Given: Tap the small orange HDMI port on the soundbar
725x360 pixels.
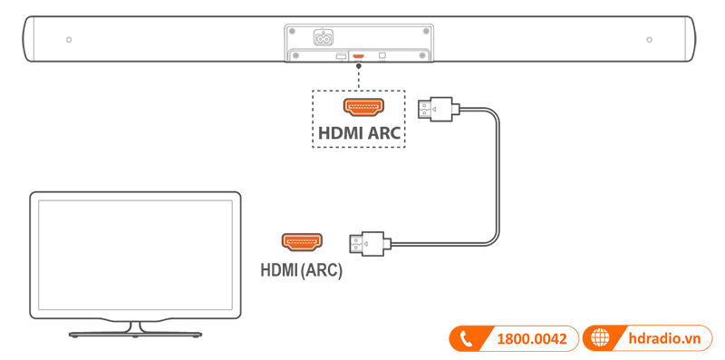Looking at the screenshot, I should click(358, 57).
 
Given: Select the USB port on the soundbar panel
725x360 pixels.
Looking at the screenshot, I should click(340, 57).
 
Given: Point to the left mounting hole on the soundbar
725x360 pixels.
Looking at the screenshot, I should click(70, 40).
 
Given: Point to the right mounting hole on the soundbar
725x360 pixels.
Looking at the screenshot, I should click(650, 40).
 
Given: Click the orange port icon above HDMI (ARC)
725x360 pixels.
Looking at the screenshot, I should click(302, 243).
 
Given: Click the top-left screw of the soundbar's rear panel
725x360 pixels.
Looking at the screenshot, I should click(293, 29).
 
